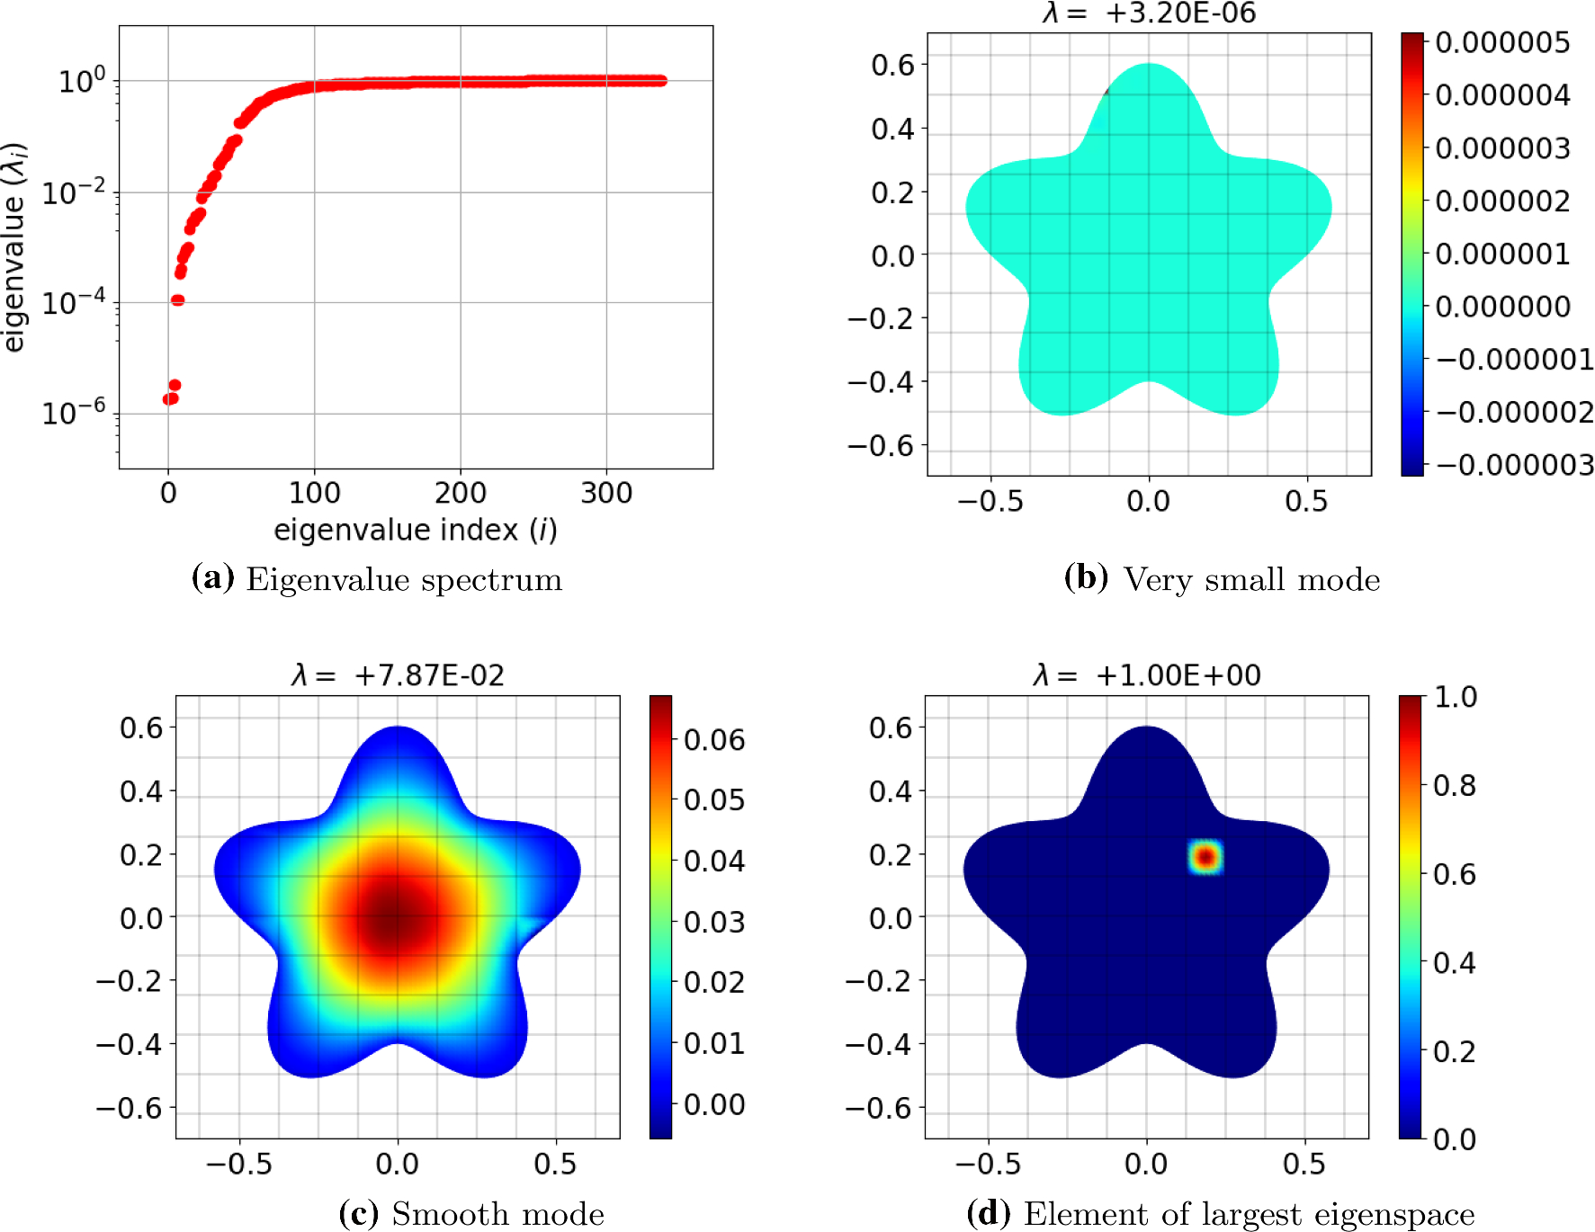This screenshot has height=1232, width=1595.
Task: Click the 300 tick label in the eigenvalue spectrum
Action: tap(606, 493)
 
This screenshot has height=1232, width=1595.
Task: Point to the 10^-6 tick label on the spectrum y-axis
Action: tap(74, 412)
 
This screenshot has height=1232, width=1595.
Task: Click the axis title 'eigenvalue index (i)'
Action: tap(416, 530)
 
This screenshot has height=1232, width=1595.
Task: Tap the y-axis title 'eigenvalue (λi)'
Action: tap(14, 247)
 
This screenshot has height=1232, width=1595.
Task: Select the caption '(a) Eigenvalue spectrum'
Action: tap(377, 579)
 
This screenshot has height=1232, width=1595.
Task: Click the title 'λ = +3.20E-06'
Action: tap(1149, 13)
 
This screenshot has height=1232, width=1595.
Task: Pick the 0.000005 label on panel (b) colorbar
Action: tap(1502, 42)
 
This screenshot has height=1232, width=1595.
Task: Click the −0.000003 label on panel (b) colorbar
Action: tap(1515, 465)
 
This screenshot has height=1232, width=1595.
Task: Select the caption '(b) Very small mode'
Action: tap(1222, 579)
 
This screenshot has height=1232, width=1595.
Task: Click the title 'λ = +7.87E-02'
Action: tap(398, 675)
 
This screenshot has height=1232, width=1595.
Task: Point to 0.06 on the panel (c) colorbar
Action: tap(714, 740)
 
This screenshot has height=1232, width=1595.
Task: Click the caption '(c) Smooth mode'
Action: tap(471, 1214)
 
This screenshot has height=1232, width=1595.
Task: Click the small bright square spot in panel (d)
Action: tap(1205, 857)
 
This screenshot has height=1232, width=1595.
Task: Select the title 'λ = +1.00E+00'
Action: tap(1147, 675)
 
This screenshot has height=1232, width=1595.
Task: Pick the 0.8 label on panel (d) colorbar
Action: tap(1455, 786)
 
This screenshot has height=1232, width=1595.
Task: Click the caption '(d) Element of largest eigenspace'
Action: tap(1221, 1214)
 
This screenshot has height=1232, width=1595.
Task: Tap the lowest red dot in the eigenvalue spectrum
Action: tap(169, 398)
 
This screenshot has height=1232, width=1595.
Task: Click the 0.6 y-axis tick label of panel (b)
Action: tap(892, 65)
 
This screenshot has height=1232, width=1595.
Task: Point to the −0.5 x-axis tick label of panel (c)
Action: tap(238, 1164)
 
